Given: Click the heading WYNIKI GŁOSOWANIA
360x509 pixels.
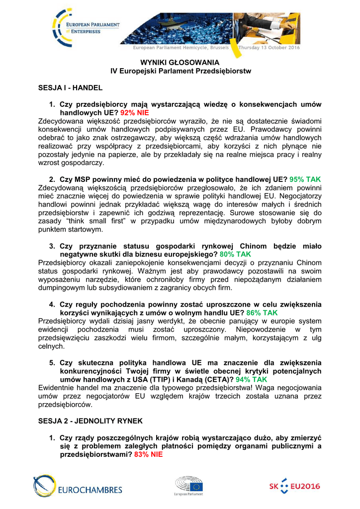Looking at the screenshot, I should point(180,62).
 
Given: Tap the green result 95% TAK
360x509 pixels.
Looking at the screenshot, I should point(305,179).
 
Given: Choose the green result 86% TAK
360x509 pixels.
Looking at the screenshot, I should point(262,313).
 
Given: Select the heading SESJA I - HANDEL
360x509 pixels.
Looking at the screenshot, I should point(71,87).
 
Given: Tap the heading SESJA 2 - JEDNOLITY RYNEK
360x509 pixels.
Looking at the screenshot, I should point(90,421).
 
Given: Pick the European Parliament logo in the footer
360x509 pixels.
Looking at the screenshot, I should point(188,486).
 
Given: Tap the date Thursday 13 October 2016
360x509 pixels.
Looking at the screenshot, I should point(269,48).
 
